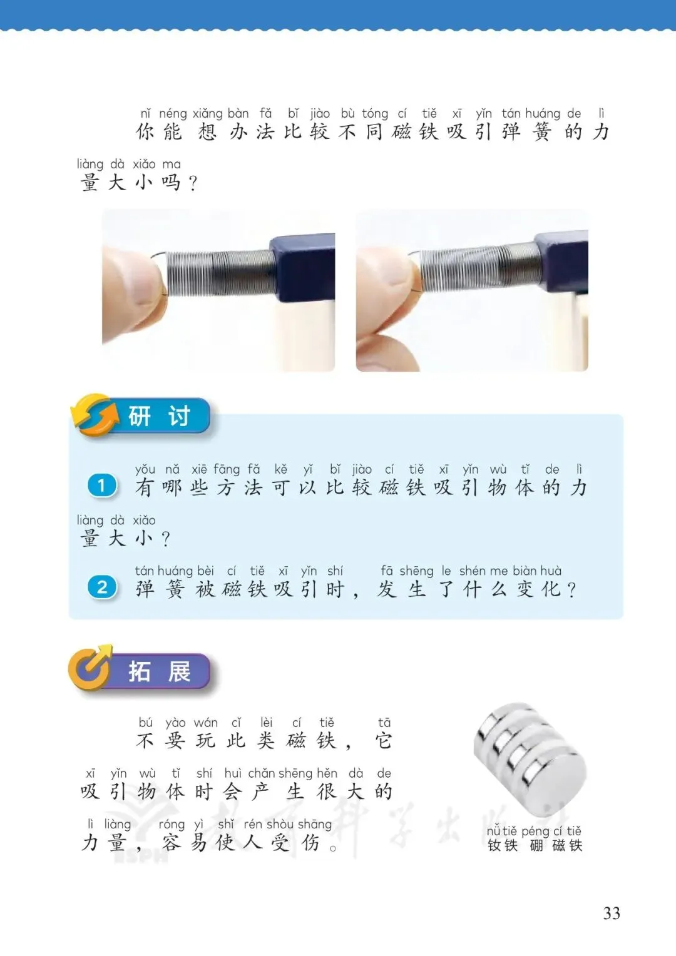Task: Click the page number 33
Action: coord(612,913)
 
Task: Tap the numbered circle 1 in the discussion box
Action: coord(101,486)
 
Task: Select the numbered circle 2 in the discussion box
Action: coord(101,587)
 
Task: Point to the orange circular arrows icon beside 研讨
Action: coord(95,415)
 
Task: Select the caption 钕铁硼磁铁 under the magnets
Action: coord(535,845)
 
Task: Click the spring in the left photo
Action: coord(218,273)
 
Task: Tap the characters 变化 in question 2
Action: coord(538,589)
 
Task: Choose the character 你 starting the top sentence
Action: coord(146,131)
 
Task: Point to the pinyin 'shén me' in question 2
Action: coord(483,571)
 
